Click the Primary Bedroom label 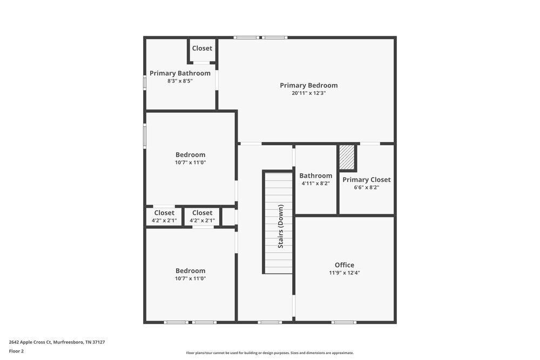[x=308, y=85]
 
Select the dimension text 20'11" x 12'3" [x=308, y=93]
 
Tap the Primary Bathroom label [x=180, y=73]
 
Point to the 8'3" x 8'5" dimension [x=180, y=81]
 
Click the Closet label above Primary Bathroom [x=202, y=49]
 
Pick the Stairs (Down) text [x=281, y=226]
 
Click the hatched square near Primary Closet [x=347, y=157]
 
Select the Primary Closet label [x=366, y=180]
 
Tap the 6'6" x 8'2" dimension [x=366, y=188]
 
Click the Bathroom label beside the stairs [x=316, y=175]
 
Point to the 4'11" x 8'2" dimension [x=316, y=184]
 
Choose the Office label [x=345, y=265]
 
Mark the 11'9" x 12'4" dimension [x=345, y=273]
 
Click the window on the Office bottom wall [x=344, y=322]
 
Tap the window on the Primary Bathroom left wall [x=145, y=81]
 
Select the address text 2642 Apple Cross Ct [x=57, y=342]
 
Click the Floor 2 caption [x=16, y=351]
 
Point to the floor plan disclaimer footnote [x=269, y=353]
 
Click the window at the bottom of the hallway [x=269, y=322]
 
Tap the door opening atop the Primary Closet [x=369, y=144]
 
